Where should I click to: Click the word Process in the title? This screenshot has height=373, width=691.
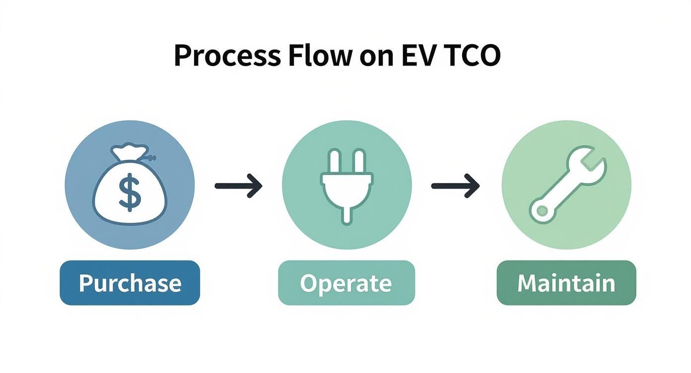[x=227, y=56]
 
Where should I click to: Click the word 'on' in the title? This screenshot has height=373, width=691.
[x=370, y=57]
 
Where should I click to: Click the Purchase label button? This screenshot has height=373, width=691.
[x=130, y=283]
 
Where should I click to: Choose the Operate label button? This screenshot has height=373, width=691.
[x=346, y=283]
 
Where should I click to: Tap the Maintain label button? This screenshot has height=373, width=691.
[x=566, y=283]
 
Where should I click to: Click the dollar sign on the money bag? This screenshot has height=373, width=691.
[x=130, y=192]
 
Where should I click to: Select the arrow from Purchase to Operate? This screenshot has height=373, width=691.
[x=238, y=186]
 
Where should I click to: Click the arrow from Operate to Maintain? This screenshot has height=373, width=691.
[x=455, y=186]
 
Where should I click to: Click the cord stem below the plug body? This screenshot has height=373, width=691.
[x=346, y=214]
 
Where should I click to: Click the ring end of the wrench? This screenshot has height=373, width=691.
[x=541, y=211]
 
